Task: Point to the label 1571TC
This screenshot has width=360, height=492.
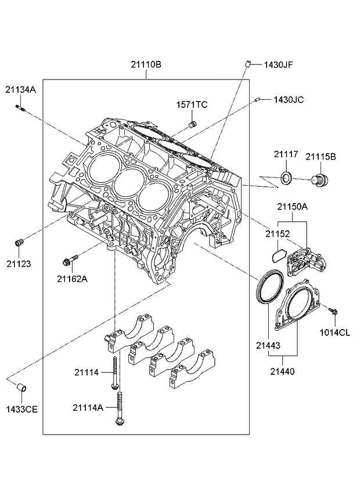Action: (x=192, y=104)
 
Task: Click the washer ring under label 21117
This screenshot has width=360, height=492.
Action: (x=286, y=178)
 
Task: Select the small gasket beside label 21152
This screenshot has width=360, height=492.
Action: (x=278, y=254)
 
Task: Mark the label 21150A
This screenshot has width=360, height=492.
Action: (x=292, y=207)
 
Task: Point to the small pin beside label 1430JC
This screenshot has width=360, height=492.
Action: (x=256, y=100)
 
